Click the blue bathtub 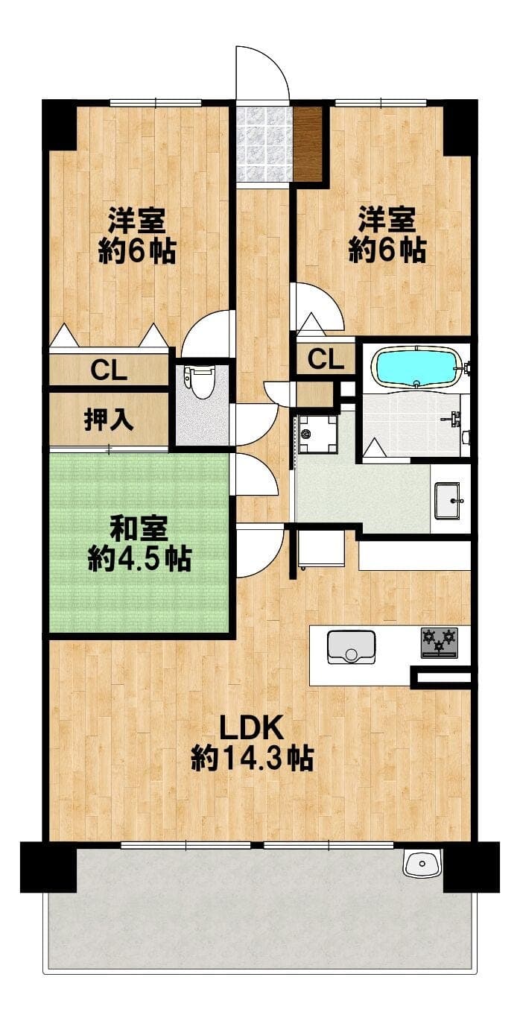[417, 368]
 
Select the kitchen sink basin [352, 647]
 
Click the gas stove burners [439, 642]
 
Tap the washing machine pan [317, 434]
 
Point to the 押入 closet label [109, 419]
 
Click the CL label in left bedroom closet [109, 370]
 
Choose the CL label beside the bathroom [326, 359]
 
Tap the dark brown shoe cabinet [308, 144]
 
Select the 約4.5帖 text [139, 559]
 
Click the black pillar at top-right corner [460, 127]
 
